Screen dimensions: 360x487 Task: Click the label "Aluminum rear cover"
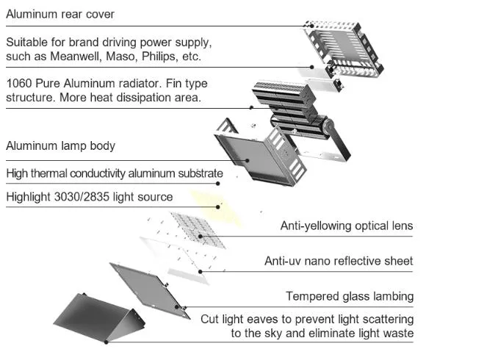pos(60,14)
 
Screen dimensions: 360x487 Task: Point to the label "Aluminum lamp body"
pos(60,145)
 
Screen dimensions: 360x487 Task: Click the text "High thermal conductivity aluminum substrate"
pos(114,173)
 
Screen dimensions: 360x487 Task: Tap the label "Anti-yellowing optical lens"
pos(346,226)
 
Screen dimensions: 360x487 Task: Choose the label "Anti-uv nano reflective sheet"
pos(339,261)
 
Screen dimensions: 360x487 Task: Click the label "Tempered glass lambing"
pos(350,296)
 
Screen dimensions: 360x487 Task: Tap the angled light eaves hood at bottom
pos(95,317)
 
